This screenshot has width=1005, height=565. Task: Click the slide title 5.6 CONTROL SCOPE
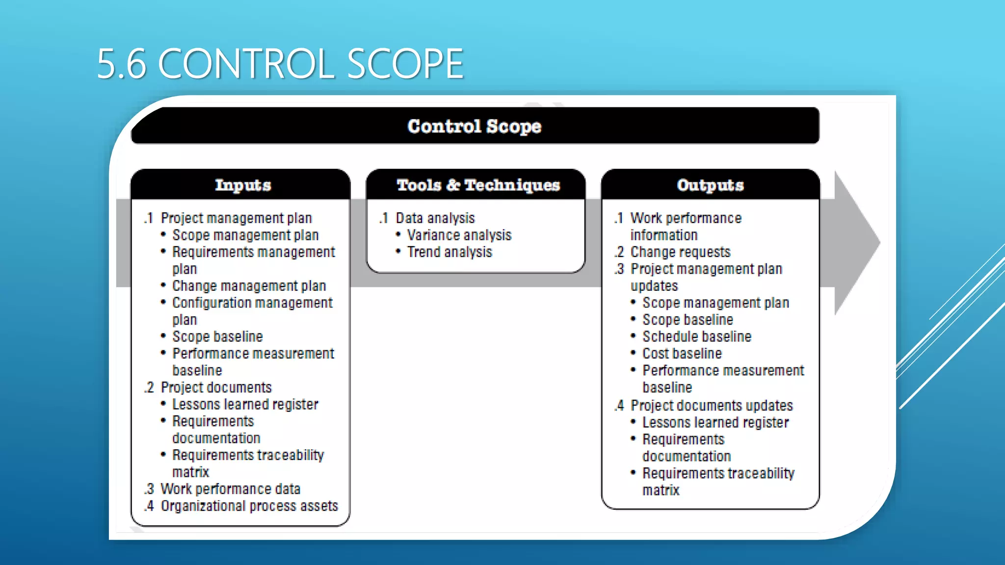[x=280, y=64]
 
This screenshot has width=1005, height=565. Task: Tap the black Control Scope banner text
[x=474, y=127]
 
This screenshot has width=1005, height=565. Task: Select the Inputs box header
[x=243, y=185]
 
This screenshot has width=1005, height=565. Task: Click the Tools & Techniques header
[x=478, y=185]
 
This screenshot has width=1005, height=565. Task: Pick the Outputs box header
[x=710, y=185]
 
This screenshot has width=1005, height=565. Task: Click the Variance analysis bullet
[x=459, y=235]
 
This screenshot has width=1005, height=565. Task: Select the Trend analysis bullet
[x=449, y=252]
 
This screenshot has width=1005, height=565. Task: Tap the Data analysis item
[x=435, y=218]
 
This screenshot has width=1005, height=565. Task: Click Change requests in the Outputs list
[x=680, y=252]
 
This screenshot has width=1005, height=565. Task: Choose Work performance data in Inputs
[x=230, y=489]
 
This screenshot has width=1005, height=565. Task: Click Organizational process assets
[x=249, y=506]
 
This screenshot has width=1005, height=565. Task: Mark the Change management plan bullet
[x=249, y=286]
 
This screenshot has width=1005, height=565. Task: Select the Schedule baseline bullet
[x=697, y=336]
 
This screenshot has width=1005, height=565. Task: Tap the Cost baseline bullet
[x=682, y=354]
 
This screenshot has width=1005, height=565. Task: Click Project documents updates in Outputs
[x=711, y=406]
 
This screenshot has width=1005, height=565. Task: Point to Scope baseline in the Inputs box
[x=217, y=336]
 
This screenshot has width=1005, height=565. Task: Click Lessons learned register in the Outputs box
[x=715, y=422]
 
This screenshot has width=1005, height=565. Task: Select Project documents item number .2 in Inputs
[x=216, y=387]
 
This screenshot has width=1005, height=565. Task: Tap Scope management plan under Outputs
[x=715, y=303]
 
